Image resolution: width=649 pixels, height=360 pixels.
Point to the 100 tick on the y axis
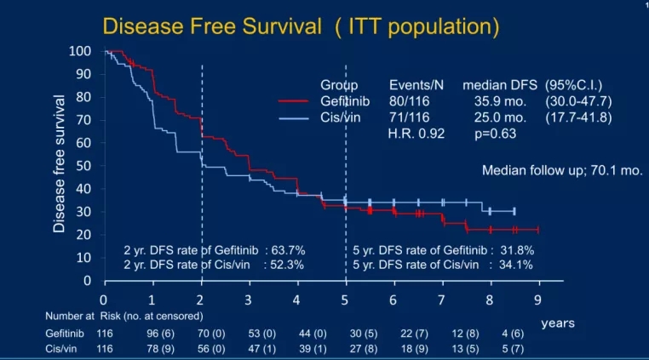click(81, 52)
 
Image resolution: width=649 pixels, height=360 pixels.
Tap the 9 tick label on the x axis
click(538, 300)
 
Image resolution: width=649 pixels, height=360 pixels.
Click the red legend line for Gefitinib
click(297, 101)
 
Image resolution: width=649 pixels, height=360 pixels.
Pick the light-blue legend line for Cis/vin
click(297, 117)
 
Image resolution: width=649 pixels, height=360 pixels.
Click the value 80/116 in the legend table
click(409, 101)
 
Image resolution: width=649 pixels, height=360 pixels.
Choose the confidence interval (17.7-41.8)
click(579, 117)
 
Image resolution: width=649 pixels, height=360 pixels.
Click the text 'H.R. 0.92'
click(416, 133)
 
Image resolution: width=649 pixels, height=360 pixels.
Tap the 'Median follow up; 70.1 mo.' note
click(562, 170)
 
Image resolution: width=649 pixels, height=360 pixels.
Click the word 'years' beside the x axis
click(558, 323)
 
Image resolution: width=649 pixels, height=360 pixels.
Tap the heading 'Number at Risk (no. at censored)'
click(135, 316)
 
